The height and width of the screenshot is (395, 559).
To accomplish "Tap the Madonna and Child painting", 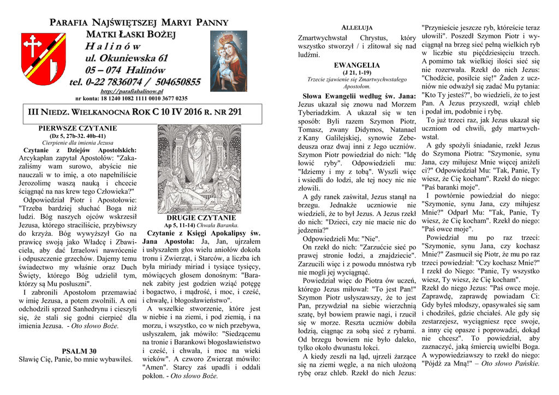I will (228, 61).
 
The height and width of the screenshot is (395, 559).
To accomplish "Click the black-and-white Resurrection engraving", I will (199, 169).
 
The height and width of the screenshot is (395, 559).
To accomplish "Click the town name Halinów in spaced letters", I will (112, 46).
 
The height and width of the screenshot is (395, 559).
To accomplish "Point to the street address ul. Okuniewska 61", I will (127, 58).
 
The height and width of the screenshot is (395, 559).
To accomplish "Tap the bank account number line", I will (131, 99).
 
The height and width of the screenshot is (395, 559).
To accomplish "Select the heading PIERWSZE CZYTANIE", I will (78, 128).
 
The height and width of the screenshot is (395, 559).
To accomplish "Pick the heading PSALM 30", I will (79, 351).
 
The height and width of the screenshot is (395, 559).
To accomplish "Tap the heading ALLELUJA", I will (356, 27).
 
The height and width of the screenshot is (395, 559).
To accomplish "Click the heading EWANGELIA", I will (356, 65).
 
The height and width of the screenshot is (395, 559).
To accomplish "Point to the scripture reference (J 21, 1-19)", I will (356, 72).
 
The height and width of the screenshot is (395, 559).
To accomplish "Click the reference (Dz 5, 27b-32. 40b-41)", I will (78, 135).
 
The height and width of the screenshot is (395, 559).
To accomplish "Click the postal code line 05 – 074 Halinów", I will (124, 70).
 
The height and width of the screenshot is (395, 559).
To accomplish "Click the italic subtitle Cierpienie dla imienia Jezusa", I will (78, 142).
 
